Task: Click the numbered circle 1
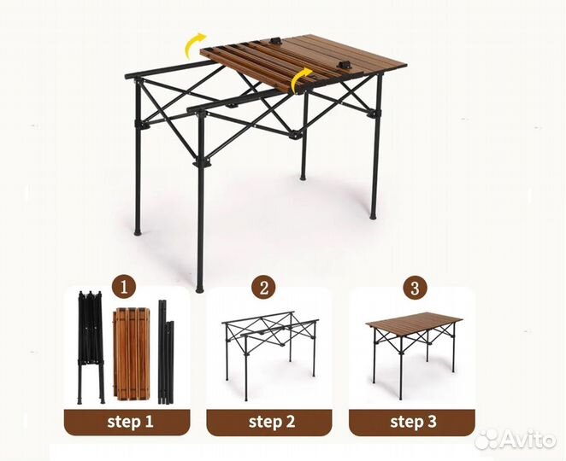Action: click(x=124, y=287)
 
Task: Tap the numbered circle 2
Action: click(x=264, y=287)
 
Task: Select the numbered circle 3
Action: click(x=415, y=287)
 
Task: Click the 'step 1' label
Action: click(x=130, y=422)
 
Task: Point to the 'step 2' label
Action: click(x=272, y=422)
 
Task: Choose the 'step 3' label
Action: click(x=413, y=422)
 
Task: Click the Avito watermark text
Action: click(x=528, y=439)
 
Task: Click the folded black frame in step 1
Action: click(x=91, y=347)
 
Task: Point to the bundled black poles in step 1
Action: click(x=166, y=352)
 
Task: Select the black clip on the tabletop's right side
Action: click(x=343, y=66)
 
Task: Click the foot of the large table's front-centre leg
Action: click(x=199, y=289)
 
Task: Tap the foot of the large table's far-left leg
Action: click(x=138, y=232)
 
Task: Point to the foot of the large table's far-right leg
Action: click(x=373, y=217)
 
